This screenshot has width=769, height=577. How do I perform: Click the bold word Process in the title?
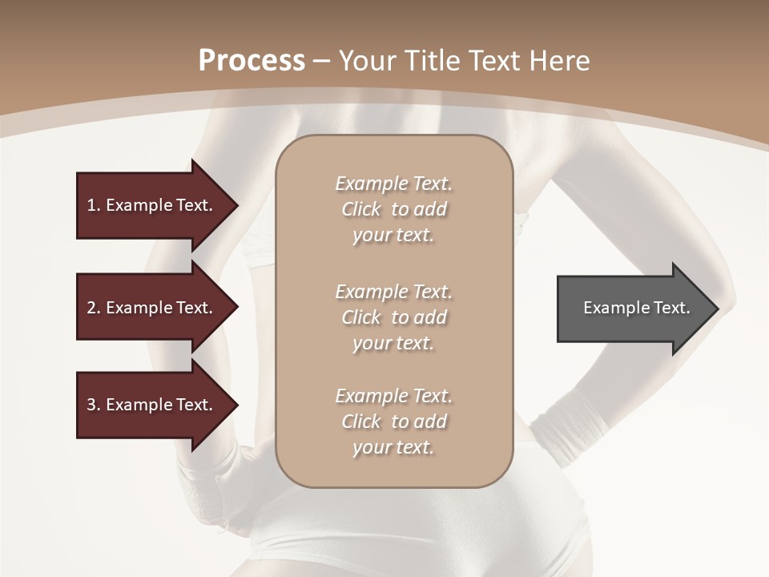click(x=252, y=61)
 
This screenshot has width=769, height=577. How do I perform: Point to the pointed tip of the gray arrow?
click(x=717, y=309)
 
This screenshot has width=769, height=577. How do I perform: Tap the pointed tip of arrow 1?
click(x=236, y=205)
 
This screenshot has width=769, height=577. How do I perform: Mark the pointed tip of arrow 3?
click(x=236, y=405)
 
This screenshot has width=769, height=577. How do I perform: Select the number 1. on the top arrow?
click(x=94, y=205)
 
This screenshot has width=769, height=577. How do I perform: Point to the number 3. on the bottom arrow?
click(x=94, y=405)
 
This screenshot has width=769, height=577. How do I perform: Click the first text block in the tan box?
click(x=393, y=209)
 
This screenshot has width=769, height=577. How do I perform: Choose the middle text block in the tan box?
click(x=393, y=317)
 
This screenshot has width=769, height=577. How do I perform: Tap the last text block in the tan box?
click(x=393, y=422)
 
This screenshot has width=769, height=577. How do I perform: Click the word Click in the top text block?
click(x=361, y=209)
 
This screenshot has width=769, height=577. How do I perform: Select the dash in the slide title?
click(x=322, y=61)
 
